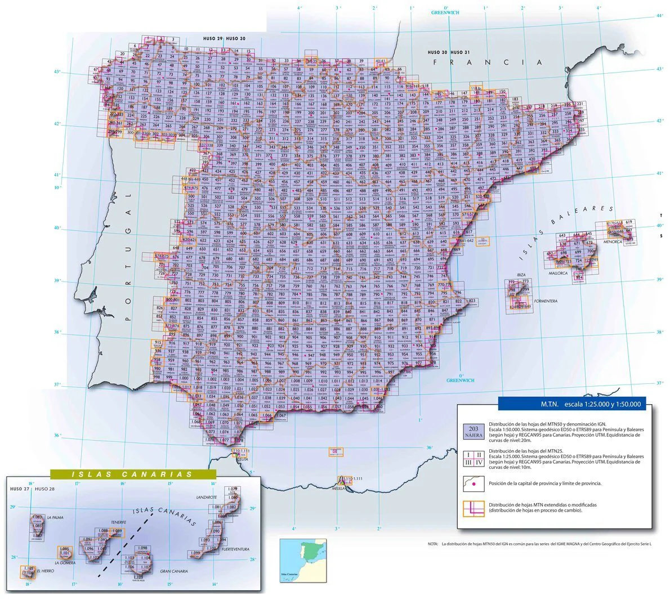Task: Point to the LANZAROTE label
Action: pos(207,498)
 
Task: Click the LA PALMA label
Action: pos(56,517)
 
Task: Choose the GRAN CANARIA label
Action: pos(173,571)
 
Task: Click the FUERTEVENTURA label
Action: pos(234,549)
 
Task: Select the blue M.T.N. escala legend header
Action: pos(571,404)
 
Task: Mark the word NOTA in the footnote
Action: pos(432,544)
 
